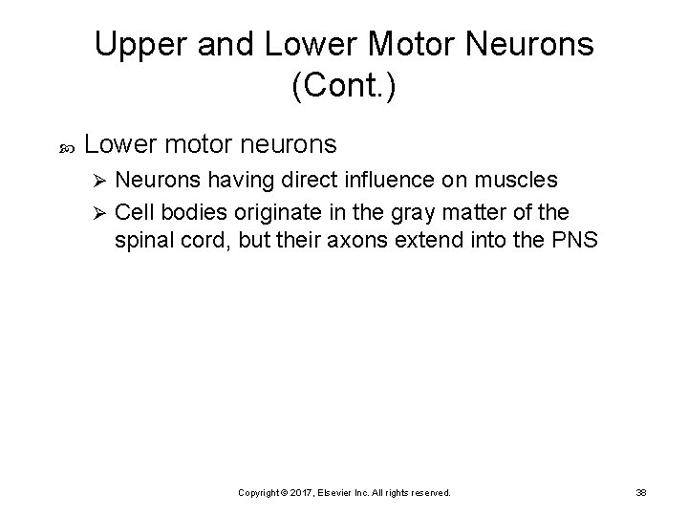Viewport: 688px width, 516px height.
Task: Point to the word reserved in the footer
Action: point(429,492)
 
